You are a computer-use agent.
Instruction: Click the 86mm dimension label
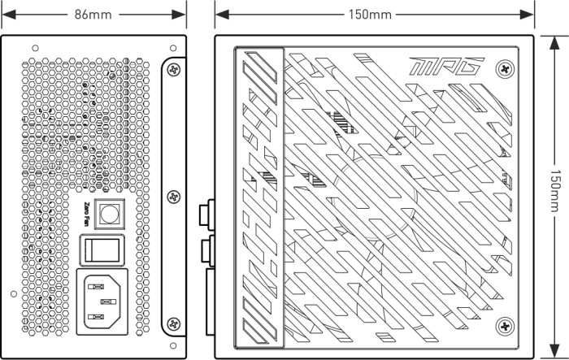tap(93, 14)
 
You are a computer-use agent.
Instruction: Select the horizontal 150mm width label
tap(375, 14)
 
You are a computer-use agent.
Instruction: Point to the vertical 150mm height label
tap(554, 195)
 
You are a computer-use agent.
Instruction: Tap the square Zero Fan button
tap(107, 214)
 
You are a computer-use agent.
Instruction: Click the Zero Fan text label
tap(89, 214)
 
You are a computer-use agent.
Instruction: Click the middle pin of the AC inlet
tap(103, 301)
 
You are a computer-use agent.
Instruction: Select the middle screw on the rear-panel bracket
tap(174, 196)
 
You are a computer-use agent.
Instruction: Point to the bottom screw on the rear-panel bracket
tap(174, 324)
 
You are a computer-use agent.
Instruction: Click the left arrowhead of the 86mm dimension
tap(6, 14)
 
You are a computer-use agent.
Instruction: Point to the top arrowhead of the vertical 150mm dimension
tap(554, 40)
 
